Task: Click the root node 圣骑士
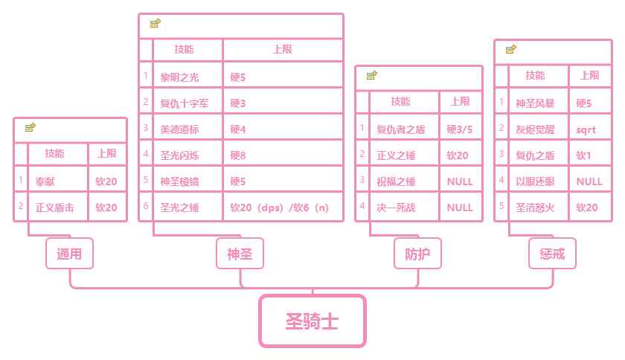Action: click(x=312, y=321)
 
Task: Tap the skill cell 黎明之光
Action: click(x=187, y=77)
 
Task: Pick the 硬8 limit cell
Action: click(x=283, y=155)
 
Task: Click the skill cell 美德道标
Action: click(x=187, y=129)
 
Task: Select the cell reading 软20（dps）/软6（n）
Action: click(x=283, y=208)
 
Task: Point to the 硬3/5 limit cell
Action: click(x=460, y=129)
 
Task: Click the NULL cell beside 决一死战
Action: click(x=460, y=208)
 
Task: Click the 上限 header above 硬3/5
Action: click(x=460, y=102)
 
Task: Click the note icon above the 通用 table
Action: click(x=31, y=128)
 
